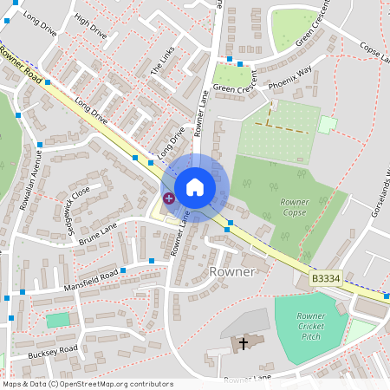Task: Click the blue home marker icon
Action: click(x=195, y=187)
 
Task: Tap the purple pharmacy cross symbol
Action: click(x=168, y=198)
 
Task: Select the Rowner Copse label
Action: click(x=295, y=207)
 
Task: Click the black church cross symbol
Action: click(x=244, y=344)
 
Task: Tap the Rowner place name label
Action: click(x=232, y=271)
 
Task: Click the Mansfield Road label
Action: click(x=90, y=280)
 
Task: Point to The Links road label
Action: click(x=162, y=58)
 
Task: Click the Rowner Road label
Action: click(x=21, y=64)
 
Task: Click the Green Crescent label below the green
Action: click(x=235, y=88)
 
